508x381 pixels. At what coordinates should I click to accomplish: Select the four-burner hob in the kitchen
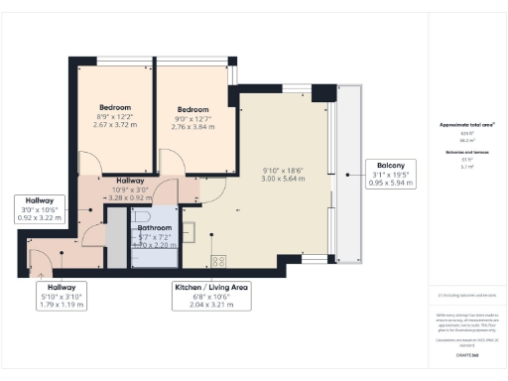(219, 263)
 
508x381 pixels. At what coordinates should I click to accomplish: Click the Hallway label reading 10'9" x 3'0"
(130, 189)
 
